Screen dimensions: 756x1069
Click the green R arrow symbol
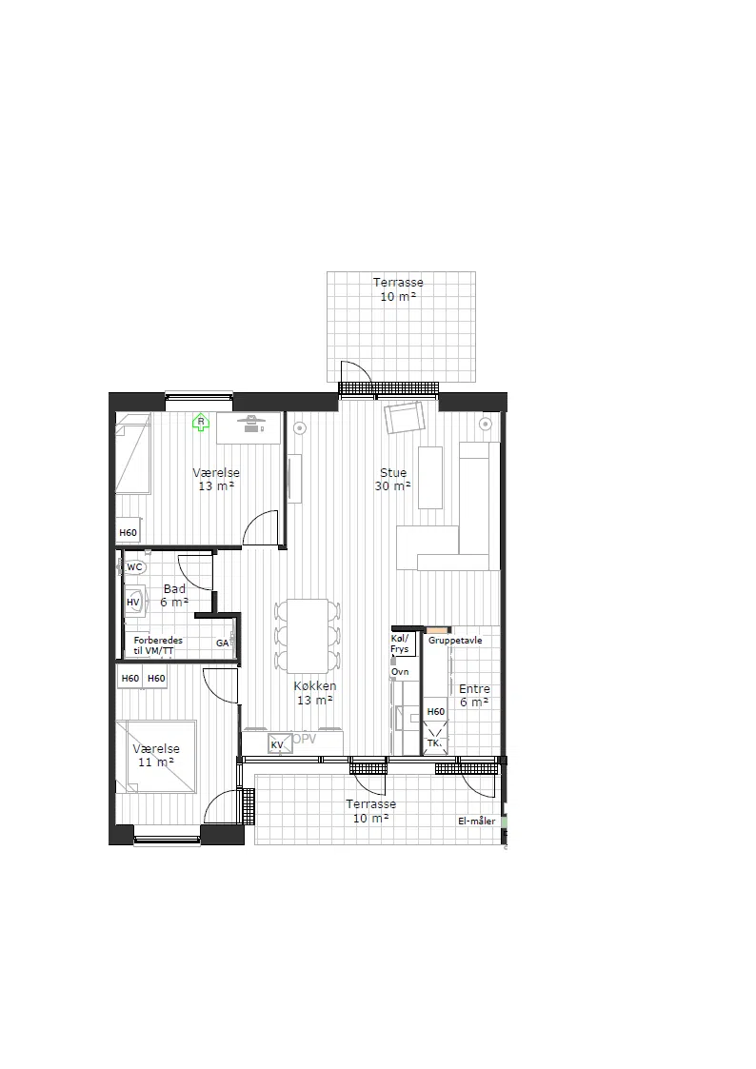click(201, 423)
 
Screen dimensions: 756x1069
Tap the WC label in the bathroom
click(135, 567)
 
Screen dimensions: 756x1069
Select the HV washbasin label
click(133, 603)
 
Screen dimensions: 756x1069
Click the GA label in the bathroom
click(222, 643)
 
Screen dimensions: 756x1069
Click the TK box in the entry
click(435, 743)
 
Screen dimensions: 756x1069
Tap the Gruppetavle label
click(455, 641)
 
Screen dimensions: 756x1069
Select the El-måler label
click(477, 821)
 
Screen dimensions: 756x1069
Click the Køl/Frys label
click(400, 643)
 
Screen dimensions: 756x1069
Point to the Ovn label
click(400, 672)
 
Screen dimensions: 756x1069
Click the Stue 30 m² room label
click(393, 479)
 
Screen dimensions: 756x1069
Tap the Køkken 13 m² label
click(315, 693)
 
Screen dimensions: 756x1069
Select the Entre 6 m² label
click(474, 696)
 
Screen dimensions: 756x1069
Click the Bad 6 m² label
click(174, 596)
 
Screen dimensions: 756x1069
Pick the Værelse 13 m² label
click(216, 479)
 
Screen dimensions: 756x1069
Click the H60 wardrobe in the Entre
click(435, 712)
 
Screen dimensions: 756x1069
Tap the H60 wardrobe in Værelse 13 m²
click(129, 532)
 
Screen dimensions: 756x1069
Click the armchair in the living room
click(405, 417)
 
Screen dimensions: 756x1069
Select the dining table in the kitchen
click(308, 635)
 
